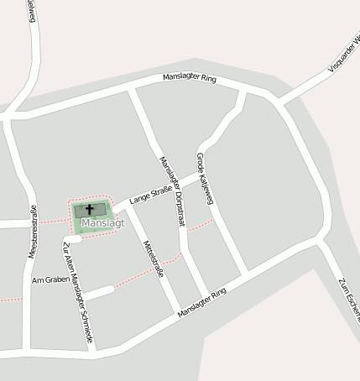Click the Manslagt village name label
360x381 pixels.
pos(102,223)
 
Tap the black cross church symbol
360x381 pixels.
pos(91,209)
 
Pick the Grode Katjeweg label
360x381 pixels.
pos(205,178)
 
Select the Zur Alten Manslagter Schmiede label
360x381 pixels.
pos(77,294)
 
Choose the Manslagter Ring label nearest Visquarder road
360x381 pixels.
pos(189,80)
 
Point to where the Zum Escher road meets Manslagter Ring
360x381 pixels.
pos(319,244)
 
